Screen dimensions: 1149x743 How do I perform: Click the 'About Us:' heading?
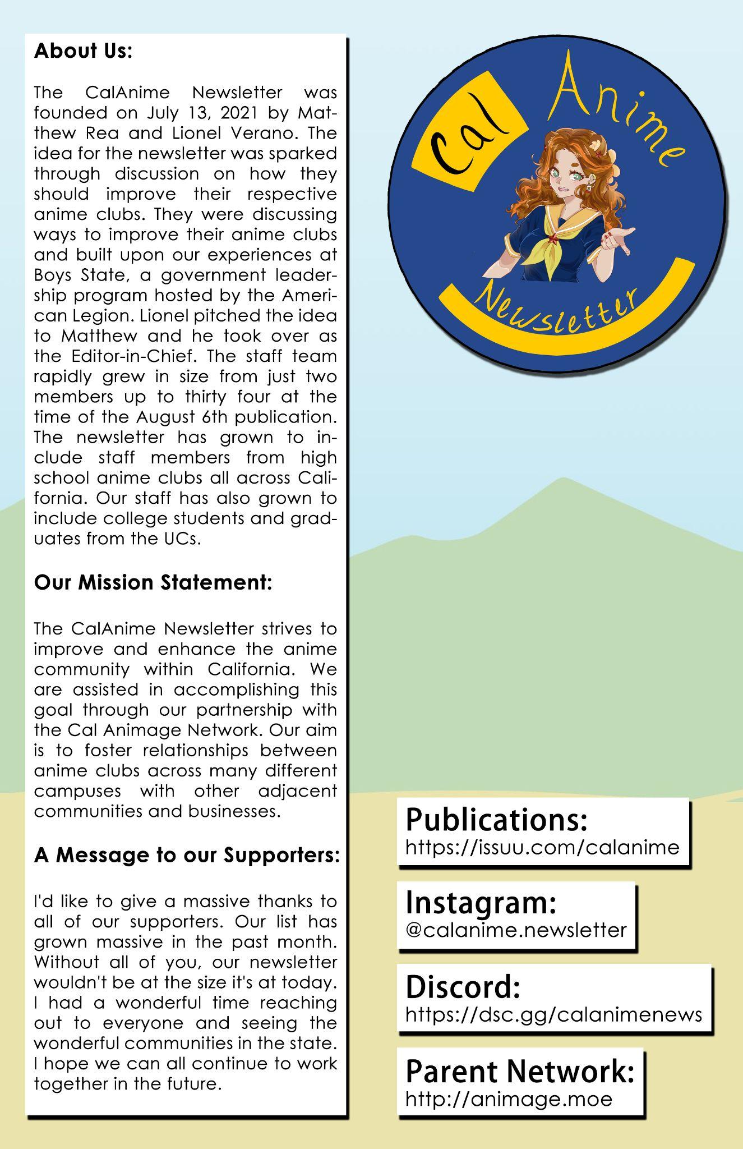[x=83, y=51]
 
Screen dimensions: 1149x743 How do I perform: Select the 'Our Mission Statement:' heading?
[x=153, y=582]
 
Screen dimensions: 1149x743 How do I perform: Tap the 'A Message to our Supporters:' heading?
[x=187, y=855]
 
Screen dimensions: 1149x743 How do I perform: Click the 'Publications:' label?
[x=496, y=820]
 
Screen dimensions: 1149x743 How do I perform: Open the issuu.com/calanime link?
[x=542, y=847]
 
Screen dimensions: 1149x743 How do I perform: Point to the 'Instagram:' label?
[x=481, y=903]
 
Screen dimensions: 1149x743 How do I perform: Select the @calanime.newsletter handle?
[x=515, y=930]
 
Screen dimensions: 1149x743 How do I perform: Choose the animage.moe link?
[x=509, y=1099]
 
